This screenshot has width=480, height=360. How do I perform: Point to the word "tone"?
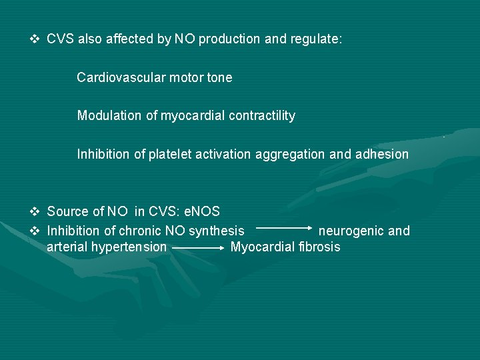coord(219,77)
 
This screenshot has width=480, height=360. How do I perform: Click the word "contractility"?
coord(262,116)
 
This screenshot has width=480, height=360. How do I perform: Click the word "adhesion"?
coord(381,155)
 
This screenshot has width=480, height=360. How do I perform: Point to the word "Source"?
coord(66,212)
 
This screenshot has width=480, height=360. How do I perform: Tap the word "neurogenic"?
coord(351,231)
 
